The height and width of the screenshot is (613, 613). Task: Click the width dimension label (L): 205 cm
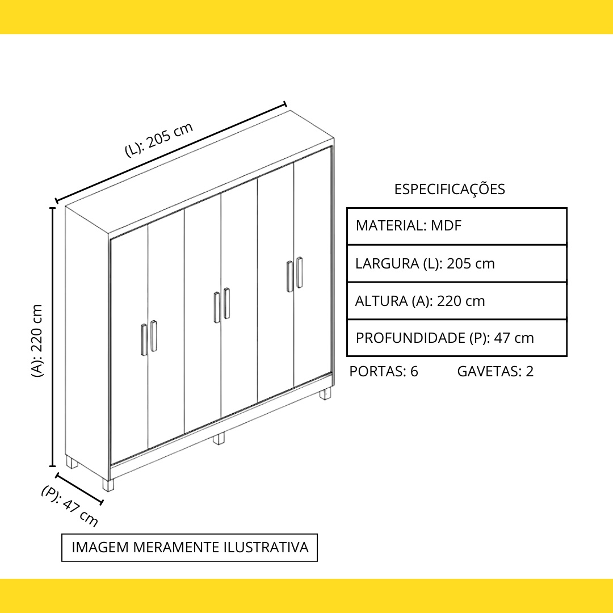[159, 140]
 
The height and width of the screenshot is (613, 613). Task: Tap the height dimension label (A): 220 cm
[37, 341]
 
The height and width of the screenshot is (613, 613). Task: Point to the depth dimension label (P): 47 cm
[70, 506]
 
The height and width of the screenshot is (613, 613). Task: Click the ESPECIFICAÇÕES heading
[449, 189]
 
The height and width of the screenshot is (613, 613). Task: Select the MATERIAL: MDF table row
[456, 226]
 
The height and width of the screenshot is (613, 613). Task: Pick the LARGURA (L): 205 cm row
[456, 263]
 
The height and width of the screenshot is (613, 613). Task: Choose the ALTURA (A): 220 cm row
[456, 301]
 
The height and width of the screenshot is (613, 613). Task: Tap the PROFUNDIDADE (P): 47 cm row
[456, 338]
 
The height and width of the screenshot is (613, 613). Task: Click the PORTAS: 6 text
[384, 371]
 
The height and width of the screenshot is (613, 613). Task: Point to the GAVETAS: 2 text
[496, 371]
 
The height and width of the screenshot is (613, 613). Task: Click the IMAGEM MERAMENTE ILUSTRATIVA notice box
[190, 547]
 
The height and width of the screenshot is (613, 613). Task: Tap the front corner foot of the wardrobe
[108, 485]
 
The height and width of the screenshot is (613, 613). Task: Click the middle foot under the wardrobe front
[219, 438]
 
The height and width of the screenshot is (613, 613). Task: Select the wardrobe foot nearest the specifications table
[325, 393]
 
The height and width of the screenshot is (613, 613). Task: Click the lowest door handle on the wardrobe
[144, 340]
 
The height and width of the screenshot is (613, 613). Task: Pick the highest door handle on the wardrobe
[300, 272]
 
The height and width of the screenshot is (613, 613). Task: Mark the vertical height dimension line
[52, 337]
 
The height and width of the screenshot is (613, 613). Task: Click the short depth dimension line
[80, 489]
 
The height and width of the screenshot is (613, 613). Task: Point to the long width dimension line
[171, 153]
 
